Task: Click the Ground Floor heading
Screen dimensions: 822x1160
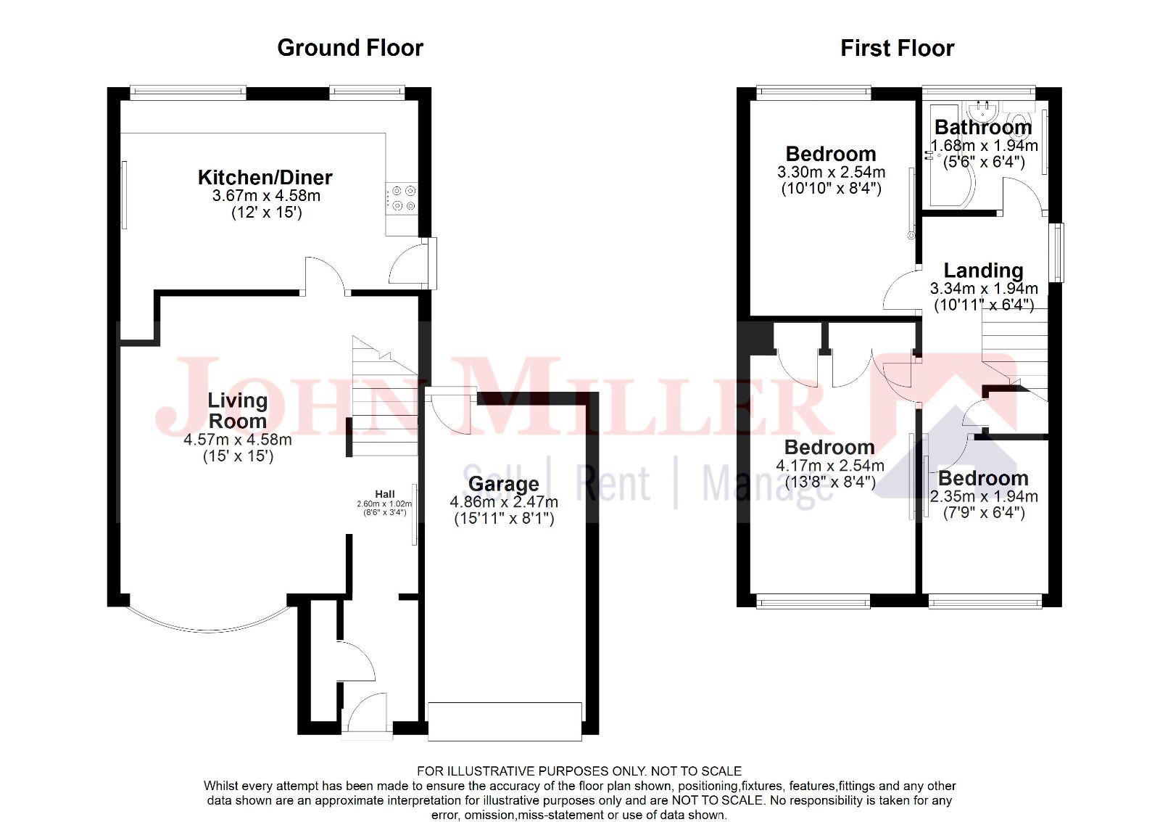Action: point(350,48)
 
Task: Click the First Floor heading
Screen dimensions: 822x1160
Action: point(897,48)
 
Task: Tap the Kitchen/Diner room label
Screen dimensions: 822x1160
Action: point(265,177)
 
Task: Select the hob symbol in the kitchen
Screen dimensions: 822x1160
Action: point(402,199)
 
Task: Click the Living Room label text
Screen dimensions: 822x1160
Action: point(237,411)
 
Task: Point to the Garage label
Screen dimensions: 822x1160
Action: point(503,484)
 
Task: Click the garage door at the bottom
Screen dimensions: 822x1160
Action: point(505,720)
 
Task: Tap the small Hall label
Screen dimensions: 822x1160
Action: point(385,494)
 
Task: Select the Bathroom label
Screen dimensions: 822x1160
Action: point(983,128)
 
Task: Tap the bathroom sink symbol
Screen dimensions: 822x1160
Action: point(982,110)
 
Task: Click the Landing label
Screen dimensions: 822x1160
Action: point(983,271)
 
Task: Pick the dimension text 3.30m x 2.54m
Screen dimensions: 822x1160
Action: point(831,173)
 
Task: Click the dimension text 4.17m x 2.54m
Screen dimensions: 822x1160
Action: point(830,466)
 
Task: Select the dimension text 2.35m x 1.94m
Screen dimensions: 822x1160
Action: point(984,496)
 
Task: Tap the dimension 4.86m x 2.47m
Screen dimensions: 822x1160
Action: point(504,502)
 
